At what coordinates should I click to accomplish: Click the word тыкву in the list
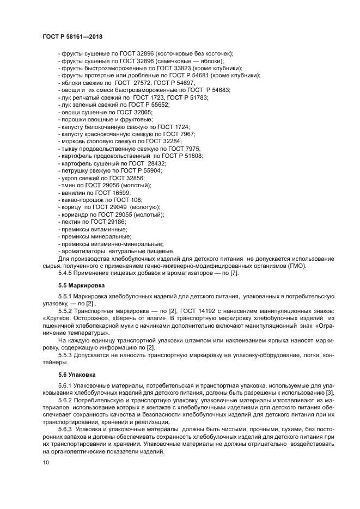pos(69,149)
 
